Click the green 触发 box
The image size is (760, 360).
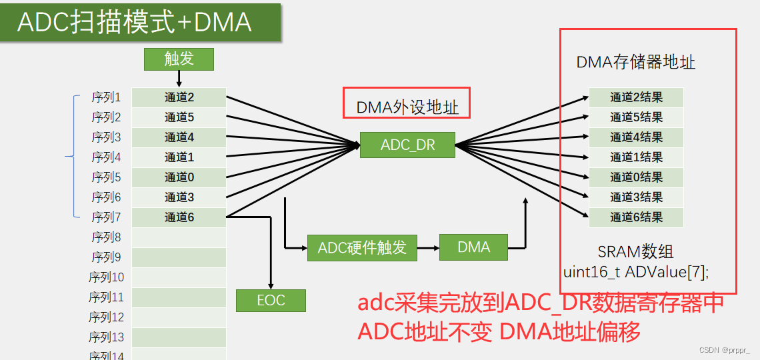pos(179,59)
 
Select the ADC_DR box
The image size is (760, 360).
pos(407,145)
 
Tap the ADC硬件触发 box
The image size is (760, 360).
pos(362,247)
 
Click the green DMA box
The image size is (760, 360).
pos(473,247)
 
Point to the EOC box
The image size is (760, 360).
pos(271,301)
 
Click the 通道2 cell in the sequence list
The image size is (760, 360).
pos(179,97)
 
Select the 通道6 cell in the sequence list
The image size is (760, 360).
pos(179,217)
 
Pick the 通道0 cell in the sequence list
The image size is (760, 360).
pos(179,177)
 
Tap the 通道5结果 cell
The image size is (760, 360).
pos(636,117)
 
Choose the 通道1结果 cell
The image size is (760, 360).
pos(636,157)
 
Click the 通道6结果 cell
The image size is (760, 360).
pos(636,217)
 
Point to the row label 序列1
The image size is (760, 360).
pos(106,97)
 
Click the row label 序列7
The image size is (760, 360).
pos(106,217)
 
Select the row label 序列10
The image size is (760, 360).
pos(106,277)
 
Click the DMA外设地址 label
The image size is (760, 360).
pos(407,107)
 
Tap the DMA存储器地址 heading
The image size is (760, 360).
pos(635,63)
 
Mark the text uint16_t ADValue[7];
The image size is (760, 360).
pos(635,272)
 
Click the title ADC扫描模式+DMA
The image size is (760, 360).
pos(134,22)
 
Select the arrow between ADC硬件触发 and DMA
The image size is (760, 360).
pos(428,247)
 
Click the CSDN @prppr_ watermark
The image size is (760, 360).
pos(724,350)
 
